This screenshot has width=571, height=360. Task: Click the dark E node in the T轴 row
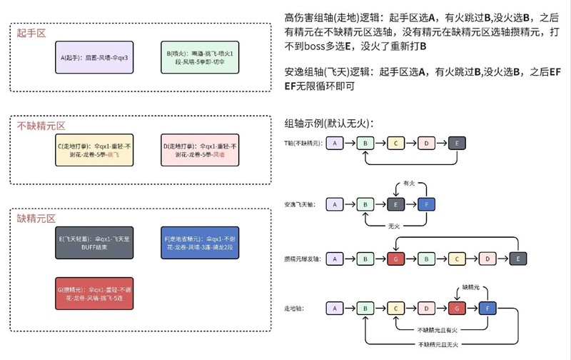(x=457, y=144)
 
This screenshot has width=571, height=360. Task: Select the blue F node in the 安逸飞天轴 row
(x=426, y=204)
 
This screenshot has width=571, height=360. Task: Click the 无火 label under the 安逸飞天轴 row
(x=393, y=225)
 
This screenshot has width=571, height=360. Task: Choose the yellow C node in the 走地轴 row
(x=395, y=308)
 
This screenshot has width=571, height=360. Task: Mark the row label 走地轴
(x=294, y=308)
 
